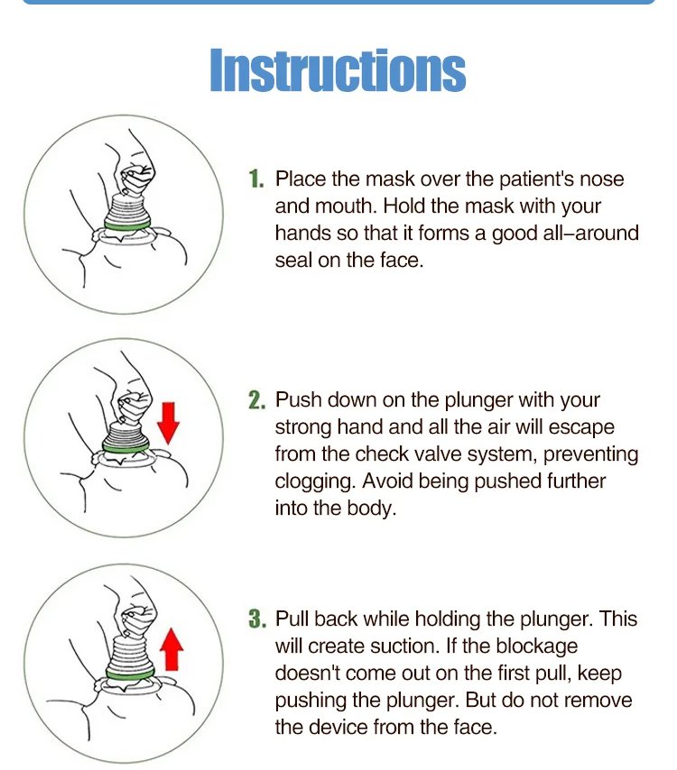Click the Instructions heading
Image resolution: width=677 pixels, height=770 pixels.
coord(338,69)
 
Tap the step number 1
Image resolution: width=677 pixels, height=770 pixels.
coord(256,179)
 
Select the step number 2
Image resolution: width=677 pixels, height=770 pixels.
coord(256,400)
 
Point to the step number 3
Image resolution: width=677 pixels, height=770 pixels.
coord(257,619)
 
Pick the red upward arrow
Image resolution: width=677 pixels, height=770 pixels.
coord(172,648)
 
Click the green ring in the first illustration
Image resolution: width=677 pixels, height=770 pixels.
coord(127,225)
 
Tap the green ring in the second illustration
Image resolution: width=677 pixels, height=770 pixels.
coord(125,446)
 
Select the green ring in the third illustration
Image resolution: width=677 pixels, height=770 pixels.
coord(130,674)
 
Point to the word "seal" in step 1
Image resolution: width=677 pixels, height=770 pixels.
coord(293,261)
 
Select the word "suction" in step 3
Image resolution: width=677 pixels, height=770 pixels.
coord(403,646)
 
